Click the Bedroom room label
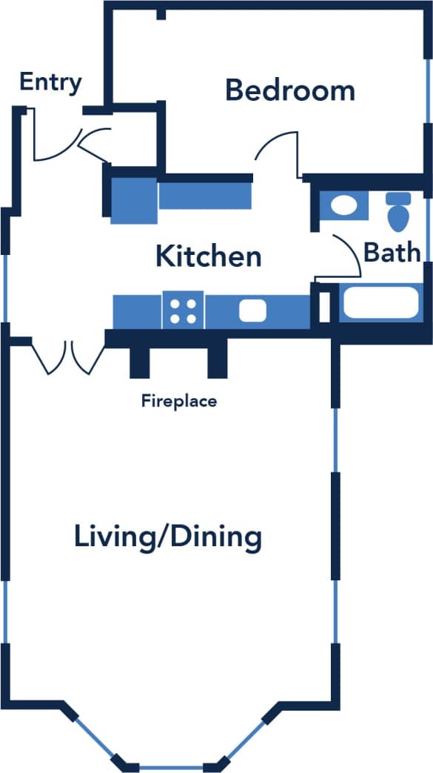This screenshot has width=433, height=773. pos(289,90)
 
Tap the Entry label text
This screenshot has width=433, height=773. pos(50,82)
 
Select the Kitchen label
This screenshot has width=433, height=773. pos(209,256)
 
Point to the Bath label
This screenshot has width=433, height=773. pos(392,253)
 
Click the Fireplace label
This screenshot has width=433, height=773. pos(179,402)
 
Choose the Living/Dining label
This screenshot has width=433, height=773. pos(168,537)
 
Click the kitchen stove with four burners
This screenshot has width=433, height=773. pos(183,310)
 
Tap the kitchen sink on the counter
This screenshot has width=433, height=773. pos(252,311)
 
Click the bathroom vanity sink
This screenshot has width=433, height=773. pos(343,206)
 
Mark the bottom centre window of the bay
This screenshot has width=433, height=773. pos(171,767)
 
